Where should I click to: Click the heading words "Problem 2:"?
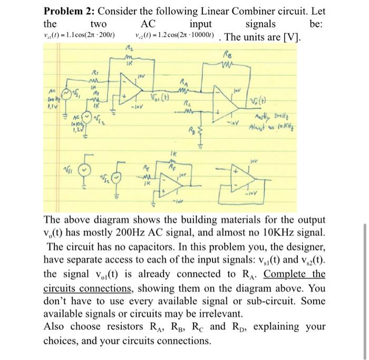point(68,11)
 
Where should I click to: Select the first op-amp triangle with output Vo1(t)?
point(132,88)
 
